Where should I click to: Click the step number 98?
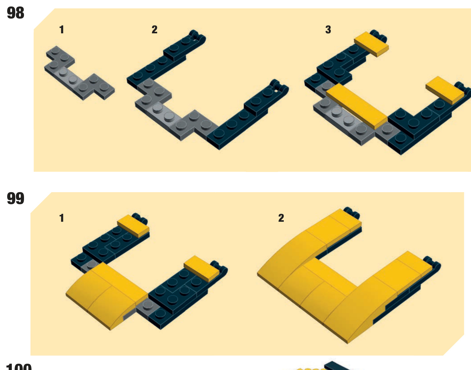click(15, 13)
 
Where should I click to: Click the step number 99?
click(15, 198)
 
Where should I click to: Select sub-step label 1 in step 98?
click(62, 30)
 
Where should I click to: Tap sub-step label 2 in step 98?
click(155, 30)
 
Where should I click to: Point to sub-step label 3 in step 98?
click(328, 30)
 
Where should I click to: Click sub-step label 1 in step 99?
click(62, 218)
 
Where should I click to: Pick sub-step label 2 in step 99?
click(281, 218)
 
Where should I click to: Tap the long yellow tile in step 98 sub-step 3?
click(357, 106)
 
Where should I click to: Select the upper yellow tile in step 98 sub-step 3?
click(371, 44)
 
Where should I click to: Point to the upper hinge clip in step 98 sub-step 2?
click(197, 36)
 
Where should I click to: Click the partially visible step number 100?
click(19, 367)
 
